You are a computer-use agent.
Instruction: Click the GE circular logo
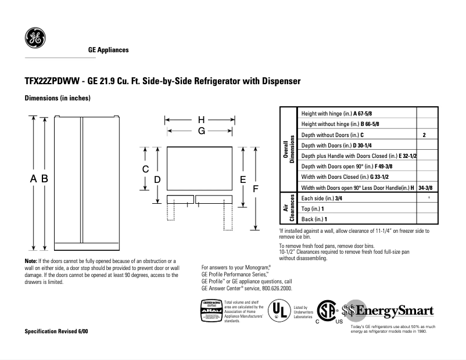(x=34, y=39)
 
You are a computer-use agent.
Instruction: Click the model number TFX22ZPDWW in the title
(x=53, y=82)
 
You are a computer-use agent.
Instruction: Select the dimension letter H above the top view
(x=200, y=120)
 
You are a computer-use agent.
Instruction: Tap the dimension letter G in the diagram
(x=201, y=131)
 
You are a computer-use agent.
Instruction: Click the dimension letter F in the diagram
(x=255, y=189)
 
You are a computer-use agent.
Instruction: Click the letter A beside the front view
(x=33, y=179)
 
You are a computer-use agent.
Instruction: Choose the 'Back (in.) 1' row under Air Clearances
(x=314, y=219)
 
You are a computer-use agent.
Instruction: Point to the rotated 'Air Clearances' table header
(x=288, y=208)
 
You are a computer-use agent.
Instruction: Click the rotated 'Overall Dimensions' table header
(x=288, y=150)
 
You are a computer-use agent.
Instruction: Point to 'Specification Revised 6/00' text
(x=56, y=330)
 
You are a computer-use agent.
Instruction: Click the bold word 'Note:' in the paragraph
(x=31, y=262)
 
